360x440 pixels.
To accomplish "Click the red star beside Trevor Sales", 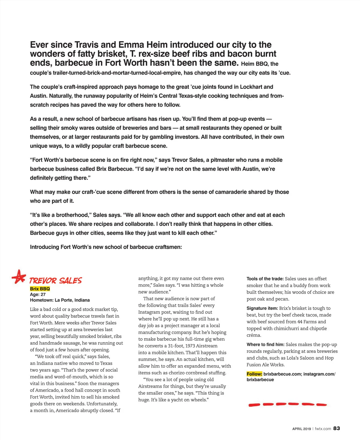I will (x=19, y=277).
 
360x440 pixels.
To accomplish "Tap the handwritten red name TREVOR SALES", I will (x=55, y=281).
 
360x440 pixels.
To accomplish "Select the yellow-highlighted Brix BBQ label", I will (x=40, y=289).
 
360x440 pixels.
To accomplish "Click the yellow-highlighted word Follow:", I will (x=254, y=374).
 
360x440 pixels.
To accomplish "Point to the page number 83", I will (x=337, y=428).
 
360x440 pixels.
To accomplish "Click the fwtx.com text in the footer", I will (x=323, y=429).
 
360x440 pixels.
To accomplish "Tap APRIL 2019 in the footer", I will (x=301, y=429).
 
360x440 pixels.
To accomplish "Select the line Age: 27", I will (x=38, y=295).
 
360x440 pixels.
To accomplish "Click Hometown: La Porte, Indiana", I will (x=60, y=300).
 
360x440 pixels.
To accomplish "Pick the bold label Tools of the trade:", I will (x=265, y=279).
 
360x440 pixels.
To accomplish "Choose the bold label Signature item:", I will (x=262, y=308).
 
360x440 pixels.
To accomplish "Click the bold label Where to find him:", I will (x=265, y=345).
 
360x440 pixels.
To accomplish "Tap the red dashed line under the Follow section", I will (x=287, y=405).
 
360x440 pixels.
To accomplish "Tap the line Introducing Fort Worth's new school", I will (x=106, y=247).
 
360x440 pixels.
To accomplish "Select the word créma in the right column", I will (x=254, y=335).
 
